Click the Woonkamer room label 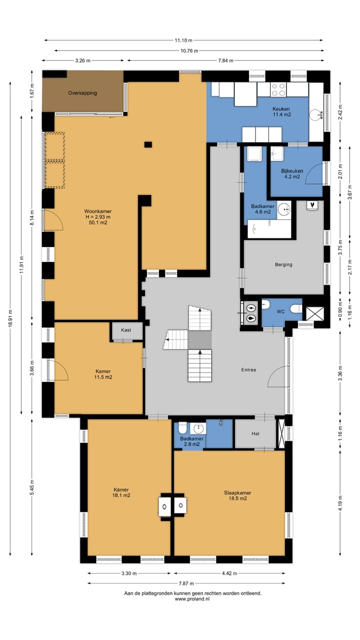click(97, 211)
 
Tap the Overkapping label click(82, 93)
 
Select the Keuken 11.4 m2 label click(281, 111)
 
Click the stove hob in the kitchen click(278, 89)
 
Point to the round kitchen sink click(316, 115)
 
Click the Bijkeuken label click(292, 171)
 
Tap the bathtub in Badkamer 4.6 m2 click(269, 229)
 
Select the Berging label click(283, 264)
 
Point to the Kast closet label click(126, 330)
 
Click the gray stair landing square click(199, 339)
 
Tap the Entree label click(248, 369)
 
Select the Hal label click(255, 433)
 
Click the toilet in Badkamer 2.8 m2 click(182, 428)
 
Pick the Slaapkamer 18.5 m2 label click(237, 495)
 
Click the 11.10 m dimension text click(183, 40)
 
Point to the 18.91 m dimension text click(10, 318)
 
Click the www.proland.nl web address click(192, 599)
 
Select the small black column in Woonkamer click(148, 144)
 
